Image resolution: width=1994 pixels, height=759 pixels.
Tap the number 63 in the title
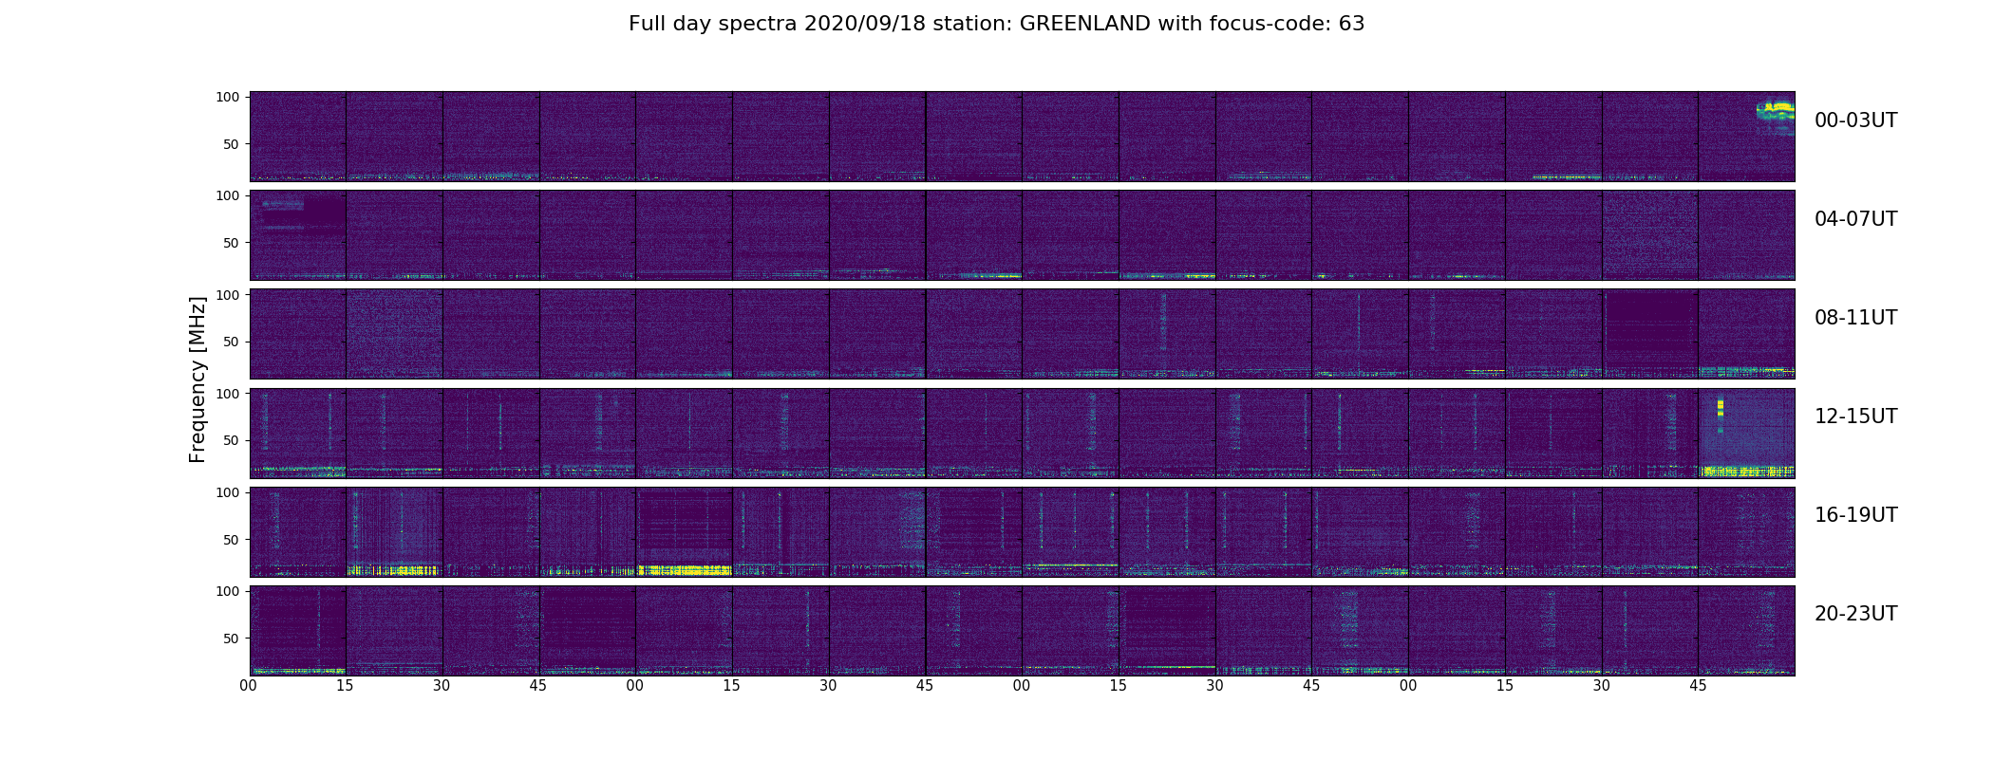(x=1351, y=24)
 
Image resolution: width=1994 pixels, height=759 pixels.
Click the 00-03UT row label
(x=1855, y=120)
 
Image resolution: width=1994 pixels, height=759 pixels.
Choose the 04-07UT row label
(x=1855, y=219)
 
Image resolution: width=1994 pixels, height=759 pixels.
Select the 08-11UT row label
(x=1855, y=318)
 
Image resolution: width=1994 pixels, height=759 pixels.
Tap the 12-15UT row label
(x=1855, y=417)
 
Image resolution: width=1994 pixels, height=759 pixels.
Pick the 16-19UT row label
(x=1855, y=515)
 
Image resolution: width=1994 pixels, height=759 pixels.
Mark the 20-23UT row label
(x=1855, y=614)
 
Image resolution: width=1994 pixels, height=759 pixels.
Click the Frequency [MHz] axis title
(x=198, y=379)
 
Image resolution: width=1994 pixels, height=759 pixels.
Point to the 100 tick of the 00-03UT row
(x=229, y=97)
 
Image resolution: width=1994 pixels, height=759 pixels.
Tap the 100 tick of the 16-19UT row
(x=229, y=492)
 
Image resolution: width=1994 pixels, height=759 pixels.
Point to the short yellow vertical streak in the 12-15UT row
(x=1721, y=409)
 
